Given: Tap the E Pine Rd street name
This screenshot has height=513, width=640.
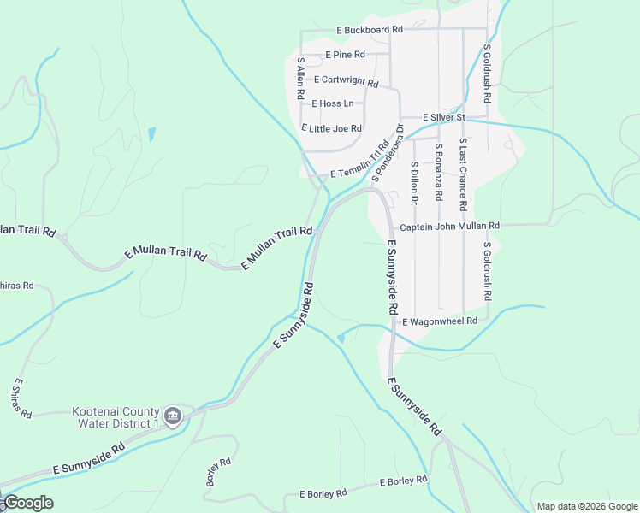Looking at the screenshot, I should [x=346, y=55].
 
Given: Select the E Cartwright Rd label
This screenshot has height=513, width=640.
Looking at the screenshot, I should [x=346, y=80].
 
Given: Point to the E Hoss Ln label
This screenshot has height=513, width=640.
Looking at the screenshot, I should [x=332, y=103].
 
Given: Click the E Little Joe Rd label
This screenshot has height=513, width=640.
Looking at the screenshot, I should [x=332, y=128].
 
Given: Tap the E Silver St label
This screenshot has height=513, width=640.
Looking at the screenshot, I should [x=443, y=117].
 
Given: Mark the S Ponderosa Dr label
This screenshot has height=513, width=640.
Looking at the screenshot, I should [x=388, y=154].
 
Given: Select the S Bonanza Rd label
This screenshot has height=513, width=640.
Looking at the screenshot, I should [x=438, y=171].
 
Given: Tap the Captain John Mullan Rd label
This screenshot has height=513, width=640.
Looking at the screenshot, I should [x=449, y=226].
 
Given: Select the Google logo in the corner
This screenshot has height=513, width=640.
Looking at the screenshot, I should [x=28, y=503].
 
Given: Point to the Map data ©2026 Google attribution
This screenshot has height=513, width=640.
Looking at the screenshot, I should [x=586, y=506].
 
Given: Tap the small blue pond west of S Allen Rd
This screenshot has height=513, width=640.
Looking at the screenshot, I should [x=152, y=134].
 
